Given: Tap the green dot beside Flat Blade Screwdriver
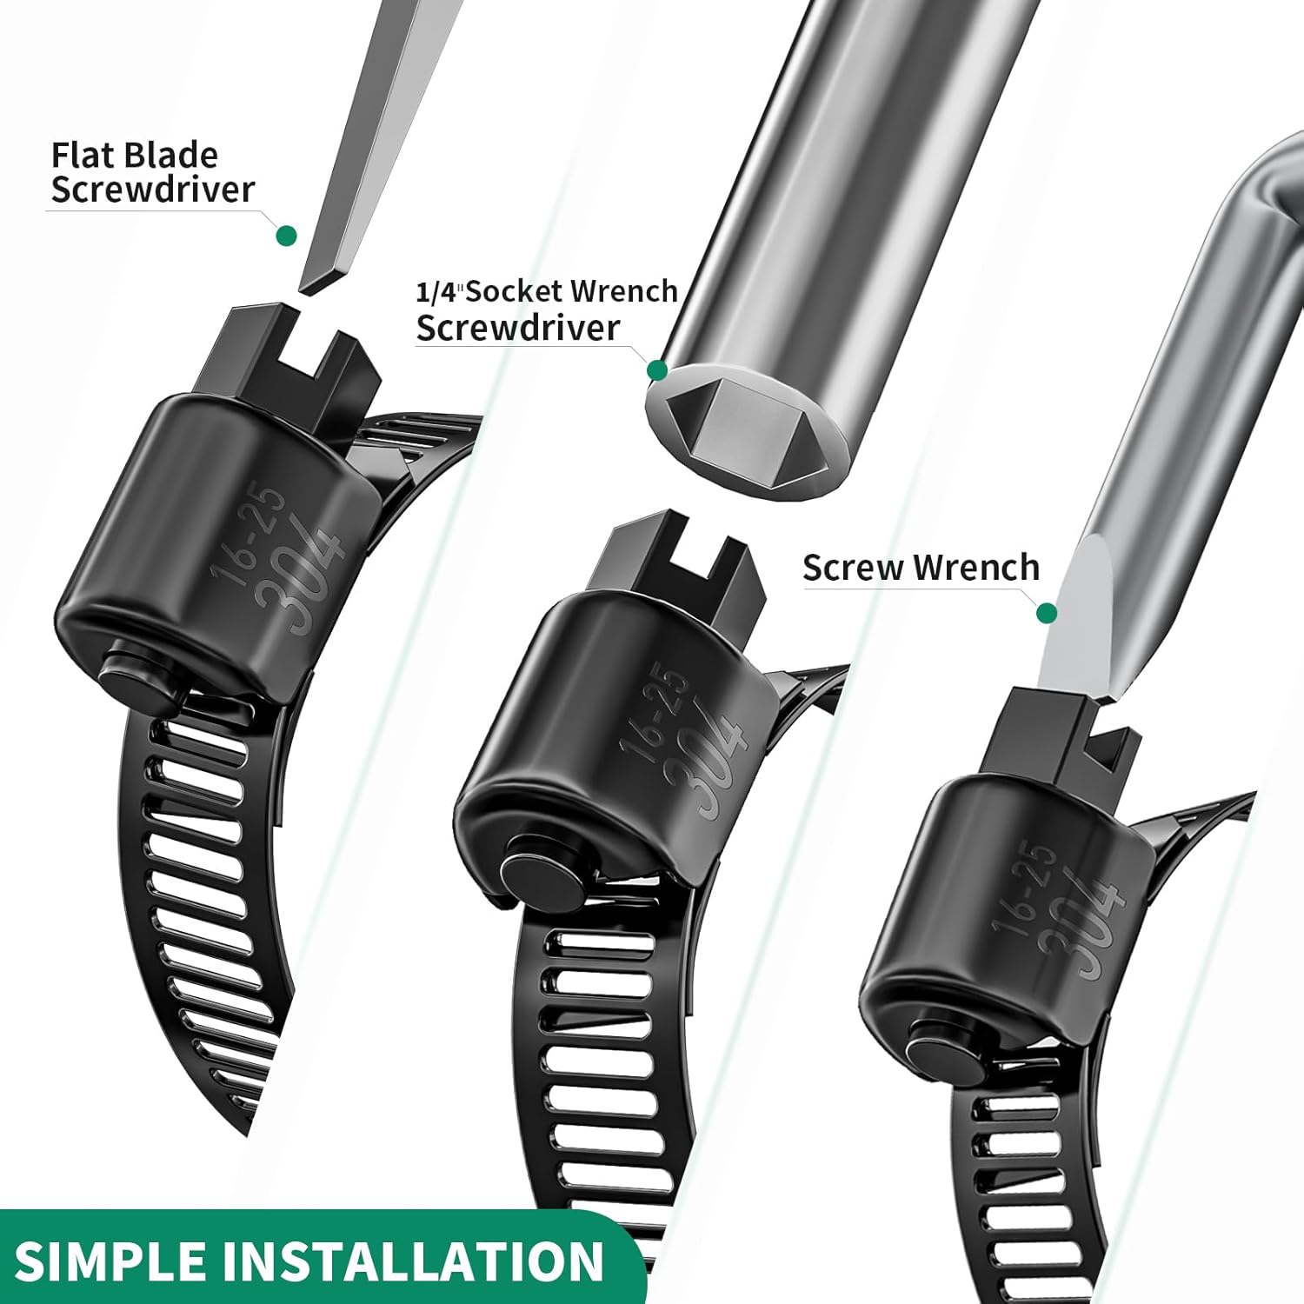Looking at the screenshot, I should [x=286, y=236].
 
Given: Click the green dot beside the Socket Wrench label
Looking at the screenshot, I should [x=658, y=371].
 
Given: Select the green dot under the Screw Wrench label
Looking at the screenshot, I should [x=1048, y=614].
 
